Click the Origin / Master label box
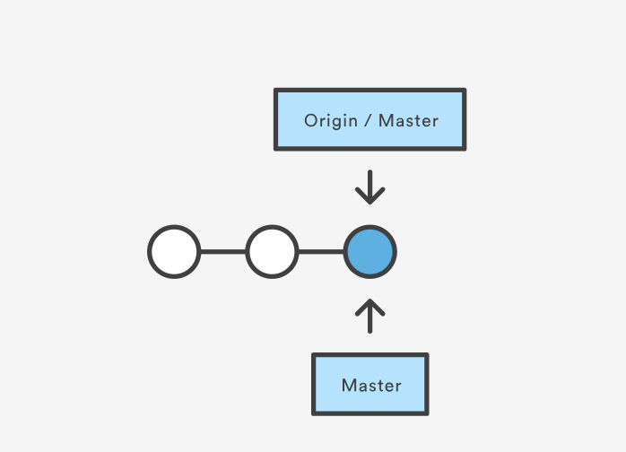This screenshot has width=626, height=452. pyautogui.click(x=370, y=119)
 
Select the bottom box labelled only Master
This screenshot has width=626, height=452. pyautogui.click(x=370, y=385)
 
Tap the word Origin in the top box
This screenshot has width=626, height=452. pyautogui.click(x=331, y=121)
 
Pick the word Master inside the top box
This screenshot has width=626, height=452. pyautogui.click(x=408, y=120)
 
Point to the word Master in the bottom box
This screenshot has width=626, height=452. pyautogui.click(x=371, y=386)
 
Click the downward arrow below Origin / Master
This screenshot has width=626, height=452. pyautogui.click(x=370, y=187)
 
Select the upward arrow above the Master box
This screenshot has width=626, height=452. pyautogui.click(x=370, y=316)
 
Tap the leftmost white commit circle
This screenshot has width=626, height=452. pyautogui.click(x=174, y=252)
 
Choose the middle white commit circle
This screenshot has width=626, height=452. pyautogui.click(x=272, y=252)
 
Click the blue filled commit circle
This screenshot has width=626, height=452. pyautogui.click(x=370, y=252)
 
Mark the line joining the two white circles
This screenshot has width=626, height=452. pyautogui.click(x=222, y=252)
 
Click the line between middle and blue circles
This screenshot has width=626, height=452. pyautogui.click(x=320, y=252)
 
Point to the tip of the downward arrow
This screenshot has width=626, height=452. pyautogui.click(x=370, y=201)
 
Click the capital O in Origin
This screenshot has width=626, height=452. pyautogui.click(x=310, y=120)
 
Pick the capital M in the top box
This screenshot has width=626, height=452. pyautogui.click(x=386, y=120)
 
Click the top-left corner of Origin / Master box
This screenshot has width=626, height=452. pyautogui.click(x=275, y=91)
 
